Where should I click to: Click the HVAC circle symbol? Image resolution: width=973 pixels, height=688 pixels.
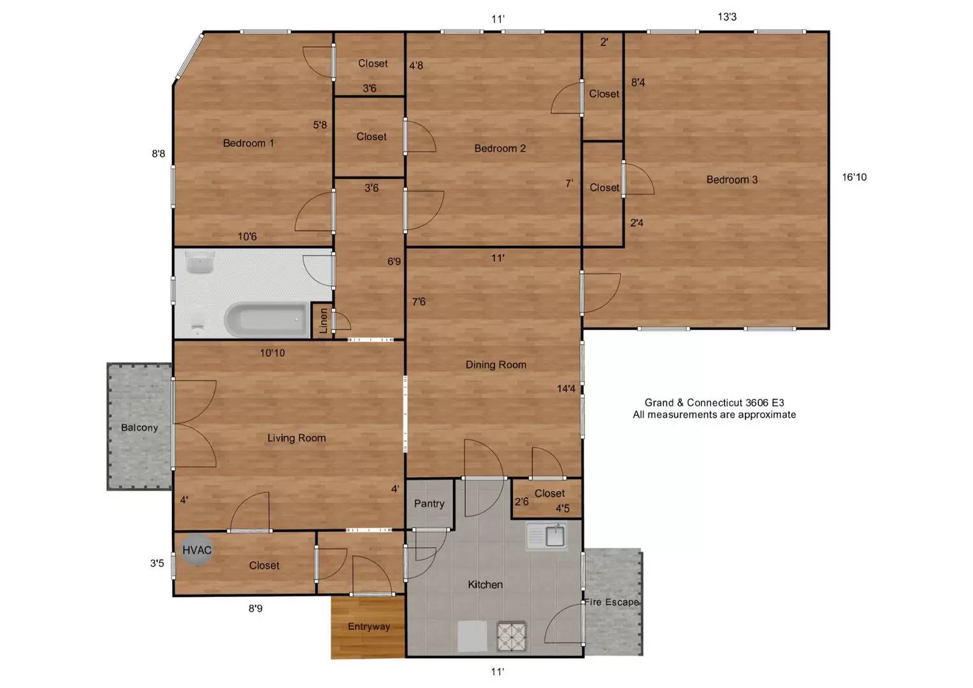tap(197, 550)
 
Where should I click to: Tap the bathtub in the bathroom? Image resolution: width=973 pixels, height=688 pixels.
tap(267, 320)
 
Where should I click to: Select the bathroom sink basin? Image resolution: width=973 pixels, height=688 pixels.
tap(200, 262)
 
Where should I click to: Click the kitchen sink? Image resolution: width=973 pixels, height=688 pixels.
tap(547, 536)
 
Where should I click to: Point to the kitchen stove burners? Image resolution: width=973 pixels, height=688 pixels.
tap(512, 636)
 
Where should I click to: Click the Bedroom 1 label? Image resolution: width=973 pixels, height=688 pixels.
tap(249, 143)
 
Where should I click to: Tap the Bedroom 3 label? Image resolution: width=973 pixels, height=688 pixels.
tap(732, 180)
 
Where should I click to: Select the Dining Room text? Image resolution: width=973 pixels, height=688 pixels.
tap(496, 365)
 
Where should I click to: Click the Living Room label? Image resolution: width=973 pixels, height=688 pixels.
tap(297, 438)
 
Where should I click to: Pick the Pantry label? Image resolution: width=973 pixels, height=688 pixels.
tap(429, 503)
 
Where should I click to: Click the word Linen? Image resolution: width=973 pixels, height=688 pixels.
tap(323, 320)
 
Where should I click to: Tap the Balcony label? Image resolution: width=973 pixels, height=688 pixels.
tap(140, 428)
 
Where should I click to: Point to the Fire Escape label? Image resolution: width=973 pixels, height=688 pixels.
tap(612, 602)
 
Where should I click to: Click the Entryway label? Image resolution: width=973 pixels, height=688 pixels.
tap(369, 626)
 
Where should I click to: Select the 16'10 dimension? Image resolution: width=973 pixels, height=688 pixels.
tap(854, 177)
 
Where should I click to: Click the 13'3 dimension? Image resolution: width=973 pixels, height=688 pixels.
tap(727, 17)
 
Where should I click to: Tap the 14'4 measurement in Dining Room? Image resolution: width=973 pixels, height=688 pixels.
tap(566, 389)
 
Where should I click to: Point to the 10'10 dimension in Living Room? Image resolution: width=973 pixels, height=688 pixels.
tap(272, 353)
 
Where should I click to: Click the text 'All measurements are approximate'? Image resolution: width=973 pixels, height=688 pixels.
tap(714, 415)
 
